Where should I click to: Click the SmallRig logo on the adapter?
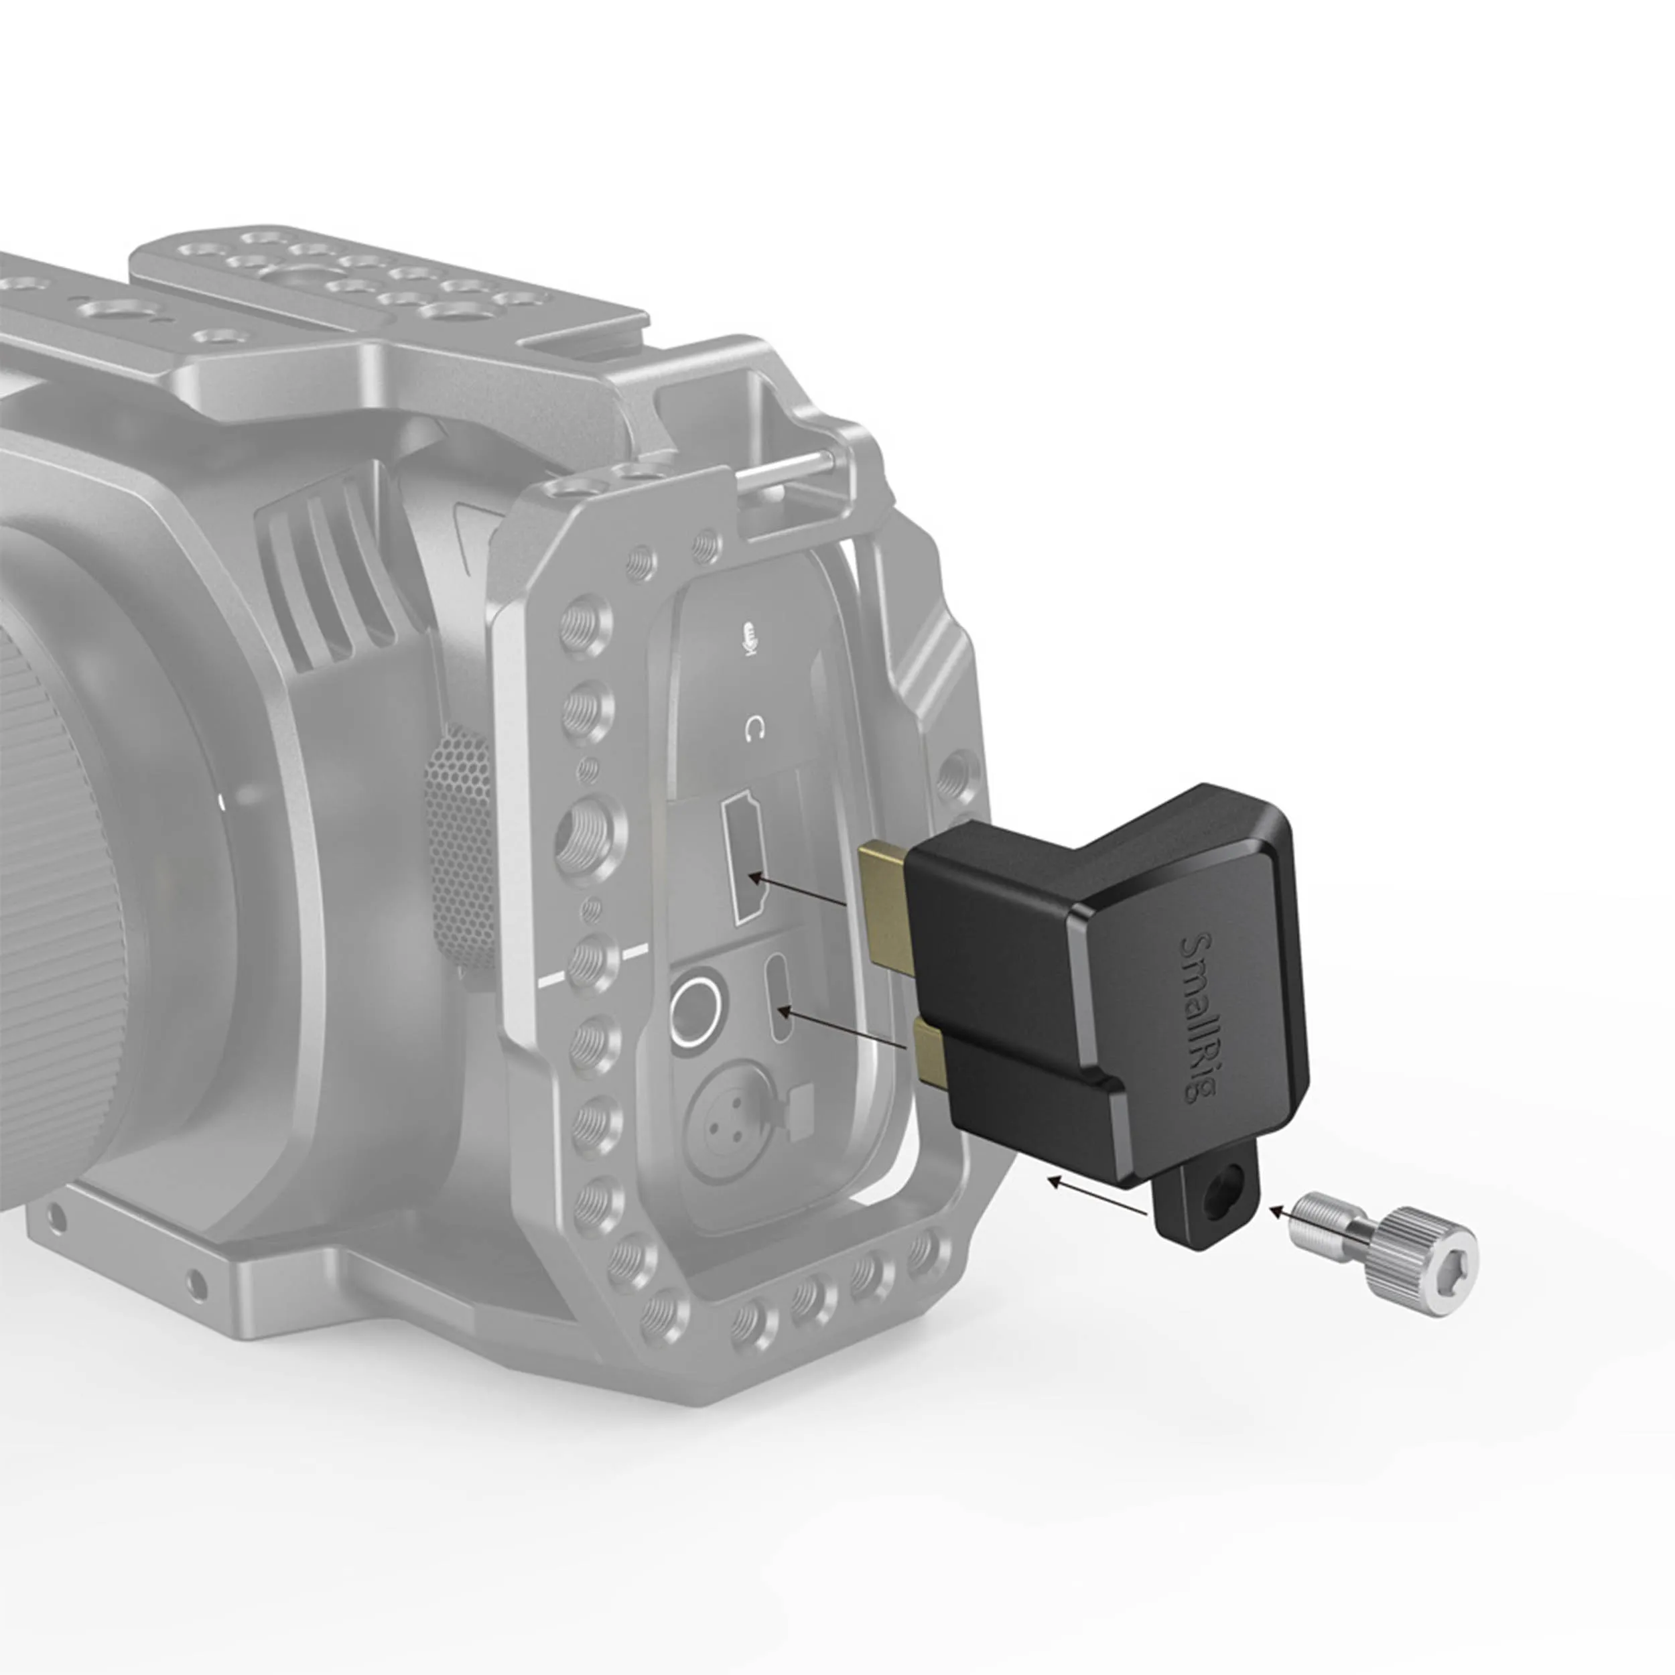[x=1199, y=1017]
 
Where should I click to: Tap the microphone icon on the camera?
[x=748, y=638]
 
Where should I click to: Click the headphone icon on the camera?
[x=753, y=729]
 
